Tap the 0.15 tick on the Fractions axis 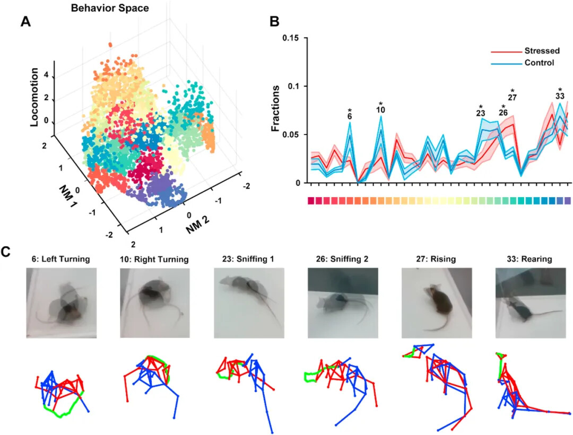tap(292, 38)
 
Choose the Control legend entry tap(539, 63)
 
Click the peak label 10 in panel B tap(380, 110)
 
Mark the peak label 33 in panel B tap(560, 97)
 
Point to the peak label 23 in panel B tap(481, 113)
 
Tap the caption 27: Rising tap(436, 259)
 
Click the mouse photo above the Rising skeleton tap(436, 303)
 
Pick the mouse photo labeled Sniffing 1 tap(249, 303)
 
